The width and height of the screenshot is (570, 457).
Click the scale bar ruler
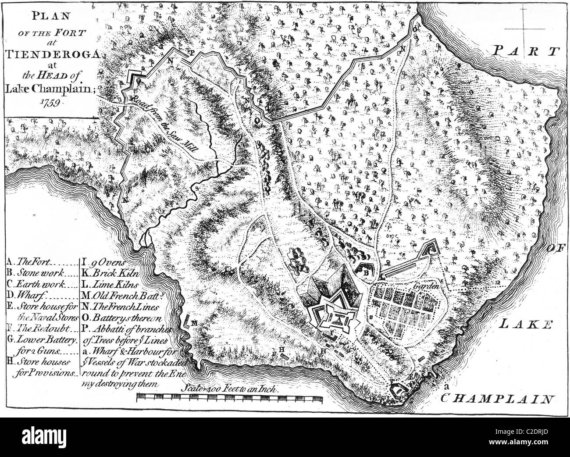(x=230, y=398)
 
